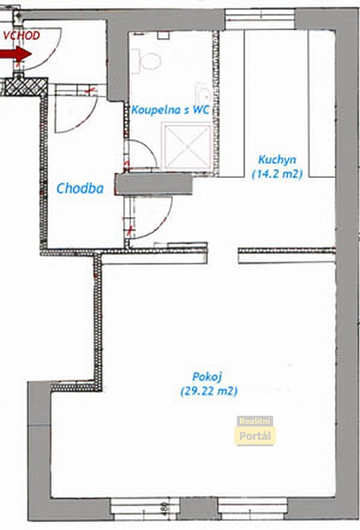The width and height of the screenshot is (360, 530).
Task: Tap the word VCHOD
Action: click(x=22, y=36)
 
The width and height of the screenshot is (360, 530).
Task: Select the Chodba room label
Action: click(x=80, y=188)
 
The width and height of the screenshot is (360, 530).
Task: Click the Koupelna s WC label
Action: click(x=170, y=109)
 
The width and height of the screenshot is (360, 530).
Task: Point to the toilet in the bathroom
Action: click(x=147, y=60)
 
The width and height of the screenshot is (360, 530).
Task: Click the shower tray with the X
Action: click(x=187, y=147)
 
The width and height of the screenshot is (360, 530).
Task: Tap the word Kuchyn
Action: click(x=277, y=160)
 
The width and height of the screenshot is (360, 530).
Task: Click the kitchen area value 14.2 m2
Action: click(x=277, y=174)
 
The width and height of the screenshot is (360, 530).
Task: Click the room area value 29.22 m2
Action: click(x=209, y=391)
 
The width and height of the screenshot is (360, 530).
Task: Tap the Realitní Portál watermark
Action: click(x=255, y=431)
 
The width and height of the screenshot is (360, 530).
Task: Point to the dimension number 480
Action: click(x=165, y=508)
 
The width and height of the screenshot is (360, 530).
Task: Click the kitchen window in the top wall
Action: click(x=260, y=19)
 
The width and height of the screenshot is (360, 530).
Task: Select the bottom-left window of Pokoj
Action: click(x=145, y=509)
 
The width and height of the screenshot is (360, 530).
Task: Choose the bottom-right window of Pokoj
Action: click(x=252, y=509)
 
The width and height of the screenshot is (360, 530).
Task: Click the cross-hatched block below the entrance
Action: click(x=26, y=86)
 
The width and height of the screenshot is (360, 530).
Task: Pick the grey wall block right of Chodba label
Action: click(x=153, y=184)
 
